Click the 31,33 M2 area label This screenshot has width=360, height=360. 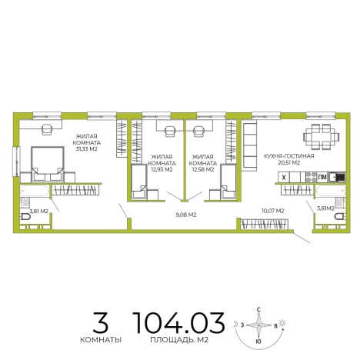click(87, 149)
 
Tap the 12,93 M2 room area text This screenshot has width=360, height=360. click(162, 169)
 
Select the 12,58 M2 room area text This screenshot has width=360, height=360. click(203, 169)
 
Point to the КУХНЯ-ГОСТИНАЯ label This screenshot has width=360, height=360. click(289, 156)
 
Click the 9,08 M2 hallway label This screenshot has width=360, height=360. click(186, 215)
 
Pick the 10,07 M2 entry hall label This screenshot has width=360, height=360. click(272, 211)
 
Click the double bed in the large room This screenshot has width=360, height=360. click(48, 164)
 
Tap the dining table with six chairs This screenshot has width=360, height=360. click(322, 137)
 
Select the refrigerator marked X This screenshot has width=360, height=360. click(284, 177)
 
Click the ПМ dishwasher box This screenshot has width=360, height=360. click(322, 177)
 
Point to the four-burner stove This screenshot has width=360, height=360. click(312, 177)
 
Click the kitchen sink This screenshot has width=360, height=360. click(337, 177)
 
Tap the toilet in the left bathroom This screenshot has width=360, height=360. click(25, 217)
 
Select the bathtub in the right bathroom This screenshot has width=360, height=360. click(331, 191)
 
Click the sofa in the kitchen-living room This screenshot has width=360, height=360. click(249, 146)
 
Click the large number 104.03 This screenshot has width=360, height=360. click(178, 323)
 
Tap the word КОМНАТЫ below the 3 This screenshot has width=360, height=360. click(101, 340)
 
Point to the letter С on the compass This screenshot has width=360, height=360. click(258, 310)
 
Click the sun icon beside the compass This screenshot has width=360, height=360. click(282, 323)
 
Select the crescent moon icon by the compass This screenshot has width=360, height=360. click(235, 324)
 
